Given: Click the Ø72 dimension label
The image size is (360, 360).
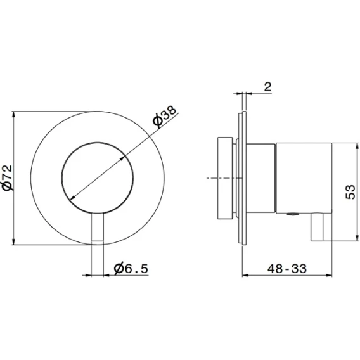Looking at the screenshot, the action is (8, 177).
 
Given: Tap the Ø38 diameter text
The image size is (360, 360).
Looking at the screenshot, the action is (165, 116).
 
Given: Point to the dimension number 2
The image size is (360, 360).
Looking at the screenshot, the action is (267, 87).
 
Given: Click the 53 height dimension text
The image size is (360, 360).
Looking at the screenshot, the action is (350, 192).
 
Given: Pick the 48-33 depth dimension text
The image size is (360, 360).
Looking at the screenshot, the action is (286, 268).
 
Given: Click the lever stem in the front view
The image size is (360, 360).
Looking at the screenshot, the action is (98, 228).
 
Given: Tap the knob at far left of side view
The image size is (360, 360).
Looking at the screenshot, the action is (225, 178).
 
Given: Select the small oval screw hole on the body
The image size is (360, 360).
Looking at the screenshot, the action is (293, 214).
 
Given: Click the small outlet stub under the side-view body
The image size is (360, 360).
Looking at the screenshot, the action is (317, 227).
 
